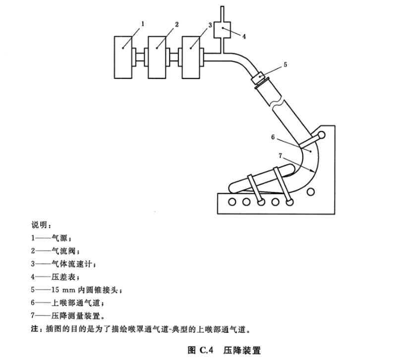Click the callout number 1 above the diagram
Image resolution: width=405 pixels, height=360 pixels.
(x=142, y=23)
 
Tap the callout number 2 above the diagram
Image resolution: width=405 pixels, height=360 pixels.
(x=176, y=23)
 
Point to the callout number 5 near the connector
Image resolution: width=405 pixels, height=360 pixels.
(x=285, y=64)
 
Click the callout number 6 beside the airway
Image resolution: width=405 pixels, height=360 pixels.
(x=272, y=135)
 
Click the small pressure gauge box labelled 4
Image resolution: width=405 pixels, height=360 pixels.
(x=224, y=31)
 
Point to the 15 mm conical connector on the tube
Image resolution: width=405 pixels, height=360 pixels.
(x=258, y=79)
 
